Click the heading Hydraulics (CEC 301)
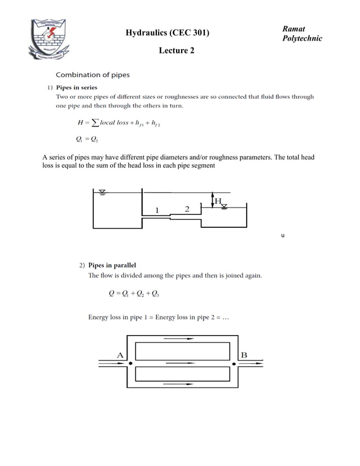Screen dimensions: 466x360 pyautogui.click(x=167, y=33)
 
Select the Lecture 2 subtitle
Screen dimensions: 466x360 pyautogui.click(x=177, y=51)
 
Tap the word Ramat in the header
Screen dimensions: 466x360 pyautogui.click(x=293, y=29)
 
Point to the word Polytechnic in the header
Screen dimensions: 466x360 pyautogui.click(x=302, y=38)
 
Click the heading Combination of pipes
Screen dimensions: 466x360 pyautogui.click(x=93, y=74)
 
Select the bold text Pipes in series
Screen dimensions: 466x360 pyautogui.click(x=76, y=87)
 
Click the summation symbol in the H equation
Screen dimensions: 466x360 pyautogui.click(x=94, y=123)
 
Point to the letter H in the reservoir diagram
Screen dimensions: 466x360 pyautogui.click(x=217, y=201)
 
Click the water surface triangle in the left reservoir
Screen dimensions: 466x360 pyautogui.click(x=102, y=192)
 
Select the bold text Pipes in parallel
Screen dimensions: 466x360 pyautogui.click(x=112, y=265)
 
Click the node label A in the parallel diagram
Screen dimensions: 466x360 pyautogui.click(x=120, y=355)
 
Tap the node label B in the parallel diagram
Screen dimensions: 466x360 pyautogui.click(x=244, y=355)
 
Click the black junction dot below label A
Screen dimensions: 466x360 pyautogui.click(x=130, y=364)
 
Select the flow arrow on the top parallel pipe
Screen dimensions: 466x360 pyautogui.click(x=179, y=339)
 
